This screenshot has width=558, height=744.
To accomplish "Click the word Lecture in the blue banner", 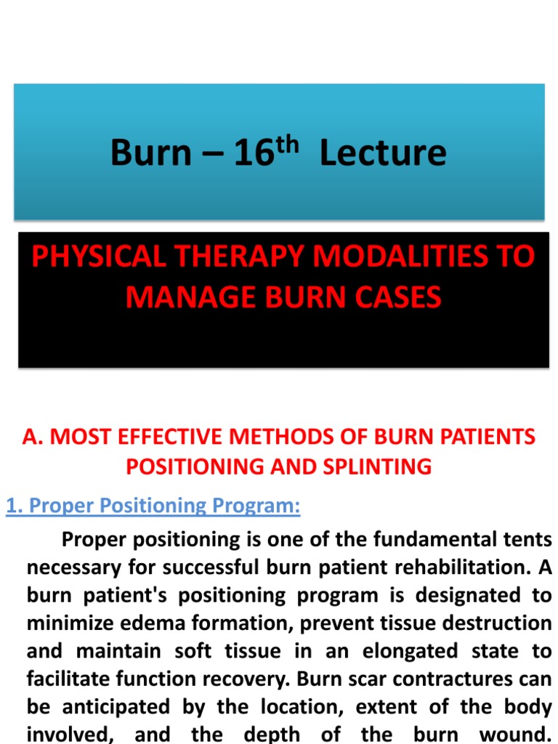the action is point(383,153).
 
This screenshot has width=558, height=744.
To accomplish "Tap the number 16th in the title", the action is point(266,152).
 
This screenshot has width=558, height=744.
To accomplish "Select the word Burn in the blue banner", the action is point(150,153).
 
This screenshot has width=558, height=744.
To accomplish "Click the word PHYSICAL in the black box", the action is point(99,256).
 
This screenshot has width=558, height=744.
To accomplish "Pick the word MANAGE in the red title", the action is point(191,297).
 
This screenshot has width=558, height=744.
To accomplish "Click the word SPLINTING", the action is point(377,466).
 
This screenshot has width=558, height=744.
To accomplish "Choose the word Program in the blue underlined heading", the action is point(256,506).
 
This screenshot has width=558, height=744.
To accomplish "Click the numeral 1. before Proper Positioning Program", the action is point(15,506).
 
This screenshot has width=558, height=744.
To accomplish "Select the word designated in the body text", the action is point(467,595).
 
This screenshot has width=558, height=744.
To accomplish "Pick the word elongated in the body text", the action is point(410,651).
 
